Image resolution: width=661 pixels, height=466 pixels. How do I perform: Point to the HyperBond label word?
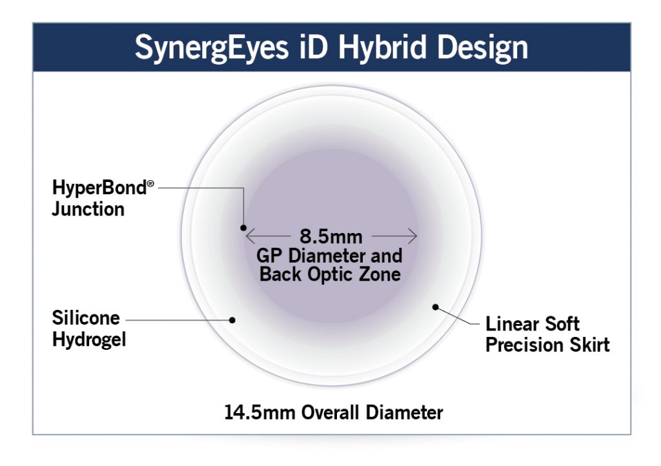(98, 189)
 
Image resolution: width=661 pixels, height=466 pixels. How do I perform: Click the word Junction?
(88, 208)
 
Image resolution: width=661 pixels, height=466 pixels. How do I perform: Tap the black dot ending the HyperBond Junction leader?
(243, 227)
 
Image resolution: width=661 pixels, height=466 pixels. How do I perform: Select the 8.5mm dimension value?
(331, 235)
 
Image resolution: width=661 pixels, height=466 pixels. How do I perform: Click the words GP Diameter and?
(330, 255)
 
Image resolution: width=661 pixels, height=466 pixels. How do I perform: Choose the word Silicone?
(86, 318)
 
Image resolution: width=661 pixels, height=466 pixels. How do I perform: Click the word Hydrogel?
(88, 338)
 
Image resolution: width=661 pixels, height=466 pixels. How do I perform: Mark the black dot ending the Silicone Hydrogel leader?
(233, 319)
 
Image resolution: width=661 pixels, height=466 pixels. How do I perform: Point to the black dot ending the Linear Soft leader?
(436, 307)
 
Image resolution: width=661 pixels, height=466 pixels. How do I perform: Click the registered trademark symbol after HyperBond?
(150, 185)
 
